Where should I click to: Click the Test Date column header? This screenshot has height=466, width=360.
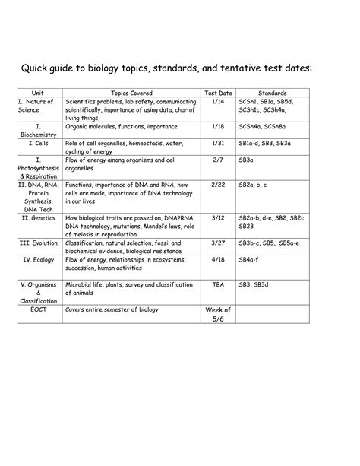point(218,93)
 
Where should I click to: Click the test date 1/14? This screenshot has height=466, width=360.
point(218,102)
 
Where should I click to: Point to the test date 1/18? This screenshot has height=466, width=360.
point(218,126)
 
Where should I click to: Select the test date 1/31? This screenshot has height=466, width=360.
point(218,143)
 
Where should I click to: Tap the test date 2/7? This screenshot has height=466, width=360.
point(218,160)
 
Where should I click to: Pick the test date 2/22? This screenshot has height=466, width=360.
point(218,185)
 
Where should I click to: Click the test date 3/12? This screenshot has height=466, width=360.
point(218,217)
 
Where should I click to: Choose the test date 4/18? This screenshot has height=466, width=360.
point(218,259)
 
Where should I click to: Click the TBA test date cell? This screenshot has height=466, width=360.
point(218,284)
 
